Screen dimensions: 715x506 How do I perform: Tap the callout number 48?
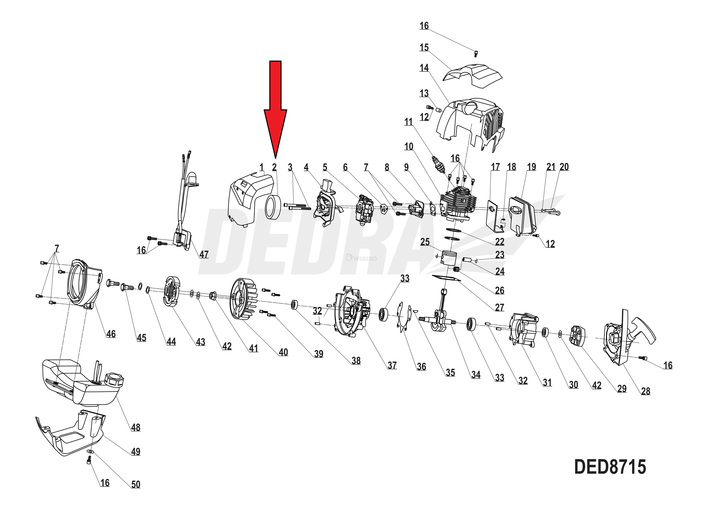(135, 427)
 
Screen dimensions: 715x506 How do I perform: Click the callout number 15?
(424, 48)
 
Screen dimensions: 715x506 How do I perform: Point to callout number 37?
(392, 365)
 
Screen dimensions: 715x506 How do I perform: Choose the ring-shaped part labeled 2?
(273, 206)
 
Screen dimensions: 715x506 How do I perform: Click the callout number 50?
(135, 485)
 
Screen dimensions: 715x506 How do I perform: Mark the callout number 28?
(645, 391)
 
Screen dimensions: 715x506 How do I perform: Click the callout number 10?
(409, 146)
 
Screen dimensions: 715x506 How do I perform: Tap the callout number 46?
(111, 334)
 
